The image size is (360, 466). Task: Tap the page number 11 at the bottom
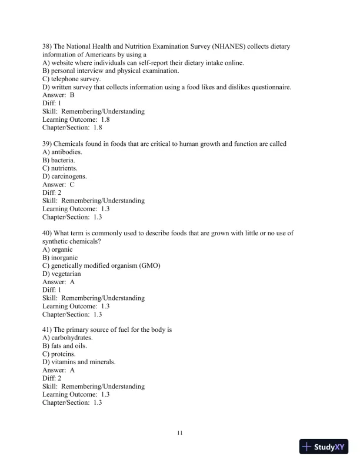180,433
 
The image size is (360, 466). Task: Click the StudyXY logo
325,447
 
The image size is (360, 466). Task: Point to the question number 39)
48,144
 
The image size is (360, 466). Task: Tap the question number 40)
48,233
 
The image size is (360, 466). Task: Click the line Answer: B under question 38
58,95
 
